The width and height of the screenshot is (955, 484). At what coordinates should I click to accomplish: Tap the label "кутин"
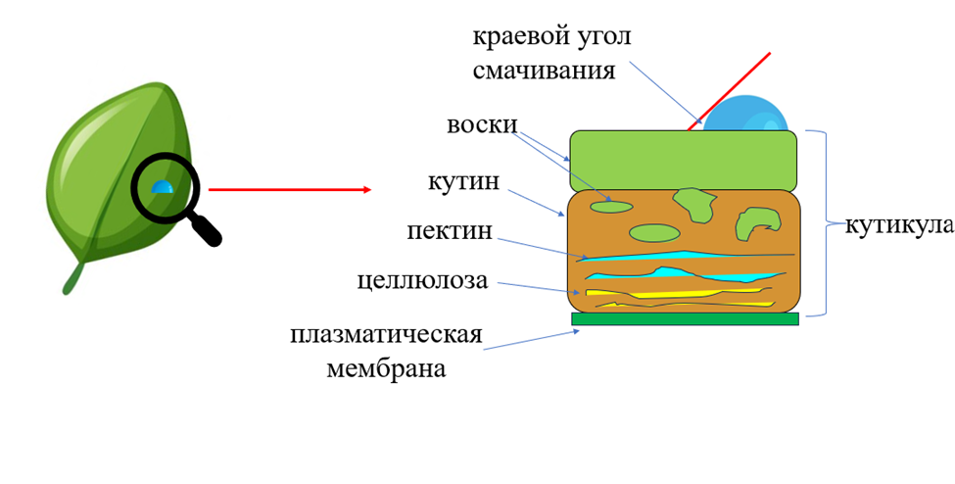tap(464, 182)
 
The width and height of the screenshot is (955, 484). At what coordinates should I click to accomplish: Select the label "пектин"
tap(450, 232)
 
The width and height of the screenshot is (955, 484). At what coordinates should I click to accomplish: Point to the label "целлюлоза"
tap(422, 281)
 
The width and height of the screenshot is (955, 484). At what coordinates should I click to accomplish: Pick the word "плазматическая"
tap(386, 336)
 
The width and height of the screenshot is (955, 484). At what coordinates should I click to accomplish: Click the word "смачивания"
tap(544, 72)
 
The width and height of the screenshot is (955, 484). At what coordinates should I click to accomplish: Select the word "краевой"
tap(514, 37)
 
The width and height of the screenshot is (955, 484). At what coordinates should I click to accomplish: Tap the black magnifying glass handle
tap(205, 228)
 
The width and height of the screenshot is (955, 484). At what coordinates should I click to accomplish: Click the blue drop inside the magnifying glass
tap(162, 186)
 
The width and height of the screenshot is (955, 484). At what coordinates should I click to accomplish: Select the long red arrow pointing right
tap(290, 190)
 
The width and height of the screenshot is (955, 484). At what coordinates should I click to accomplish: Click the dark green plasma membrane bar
tap(685, 318)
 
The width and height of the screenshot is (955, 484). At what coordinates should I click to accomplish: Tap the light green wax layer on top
tap(683, 160)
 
